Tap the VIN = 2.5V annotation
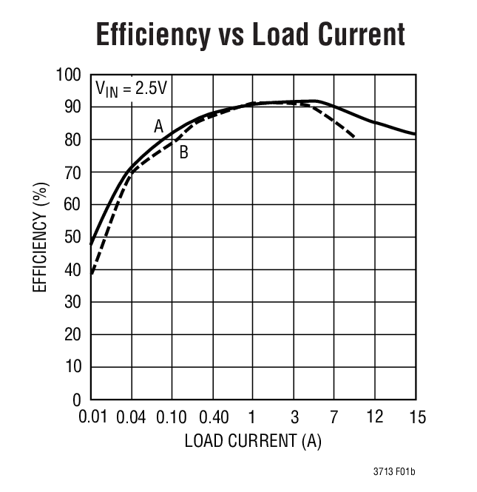point(132,88)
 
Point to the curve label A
point(158,127)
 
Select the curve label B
point(183,153)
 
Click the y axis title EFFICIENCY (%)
point(40,237)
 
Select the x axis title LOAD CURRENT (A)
point(253,442)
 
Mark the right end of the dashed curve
point(356,138)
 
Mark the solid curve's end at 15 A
point(416,134)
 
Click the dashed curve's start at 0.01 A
point(92,274)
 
